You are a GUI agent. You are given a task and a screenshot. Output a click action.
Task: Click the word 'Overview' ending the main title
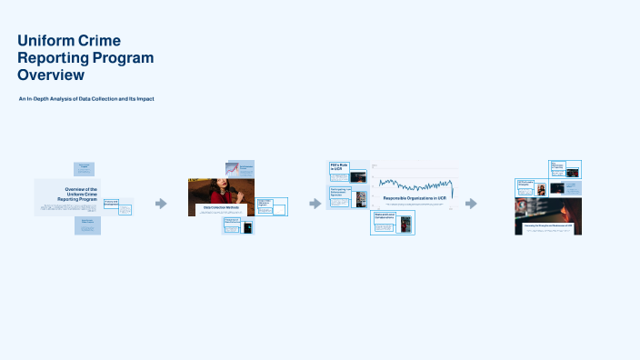[x=51, y=75]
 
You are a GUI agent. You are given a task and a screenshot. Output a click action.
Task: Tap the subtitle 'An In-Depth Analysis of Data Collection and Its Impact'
[x=86, y=98]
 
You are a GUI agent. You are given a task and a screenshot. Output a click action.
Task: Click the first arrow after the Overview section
[x=161, y=204]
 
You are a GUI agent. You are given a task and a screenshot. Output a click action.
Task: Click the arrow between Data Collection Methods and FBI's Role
[x=315, y=204]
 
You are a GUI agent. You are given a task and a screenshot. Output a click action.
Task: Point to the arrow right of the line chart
[x=471, y=204]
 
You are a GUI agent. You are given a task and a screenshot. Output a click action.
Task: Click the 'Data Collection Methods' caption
[x=221, y=208]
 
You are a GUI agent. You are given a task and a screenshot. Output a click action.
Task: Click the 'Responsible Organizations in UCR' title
[x=415, y=197]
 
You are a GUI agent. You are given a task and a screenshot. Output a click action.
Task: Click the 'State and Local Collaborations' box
[x=385, y=216]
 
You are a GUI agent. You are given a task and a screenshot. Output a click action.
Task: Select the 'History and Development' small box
[x=112, y=203]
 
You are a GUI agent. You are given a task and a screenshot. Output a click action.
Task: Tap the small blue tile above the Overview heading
[x=84, y=168]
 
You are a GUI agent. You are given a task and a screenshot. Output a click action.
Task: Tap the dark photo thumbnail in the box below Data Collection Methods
[x=247, y=227]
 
